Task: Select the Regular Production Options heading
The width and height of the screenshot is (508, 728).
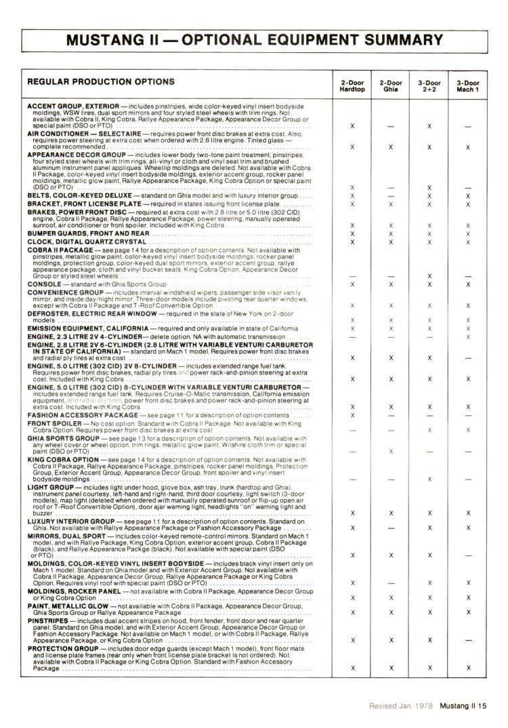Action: pos(100,82)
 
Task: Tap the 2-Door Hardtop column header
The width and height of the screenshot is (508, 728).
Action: pos(352,86)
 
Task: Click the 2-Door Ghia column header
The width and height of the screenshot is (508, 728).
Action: pos(391,86)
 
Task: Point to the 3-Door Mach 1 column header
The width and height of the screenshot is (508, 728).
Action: pos(468,86)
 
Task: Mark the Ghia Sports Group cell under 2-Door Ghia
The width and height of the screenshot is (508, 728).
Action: pos(391,450)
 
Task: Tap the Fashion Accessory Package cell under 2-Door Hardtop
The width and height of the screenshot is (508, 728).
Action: pos(352,414)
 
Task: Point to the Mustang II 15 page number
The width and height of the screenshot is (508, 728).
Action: pos(464,706)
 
